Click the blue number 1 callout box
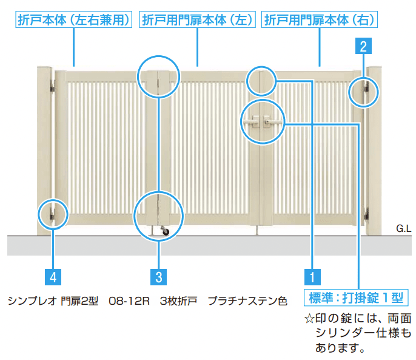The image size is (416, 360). (312, 277)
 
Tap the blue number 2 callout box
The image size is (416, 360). (362, 46)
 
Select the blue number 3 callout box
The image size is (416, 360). (158, 277)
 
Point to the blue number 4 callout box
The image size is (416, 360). (53, 277)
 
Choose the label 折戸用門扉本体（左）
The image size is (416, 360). (197, 20)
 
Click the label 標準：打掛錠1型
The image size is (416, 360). (355, 297)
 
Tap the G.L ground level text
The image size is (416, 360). (403, 228)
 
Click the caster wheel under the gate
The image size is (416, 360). (165, 231)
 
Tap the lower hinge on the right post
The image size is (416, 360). (366, 214)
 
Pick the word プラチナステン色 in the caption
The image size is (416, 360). (247, 301)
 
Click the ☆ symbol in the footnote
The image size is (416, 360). (309, 319)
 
